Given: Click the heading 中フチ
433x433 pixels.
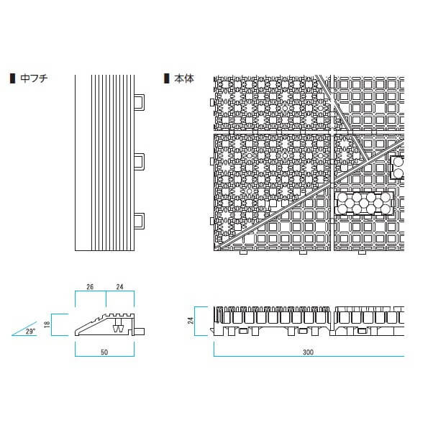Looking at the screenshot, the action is (x=34, y=78).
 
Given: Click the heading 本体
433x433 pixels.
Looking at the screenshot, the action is (x=184, y=78).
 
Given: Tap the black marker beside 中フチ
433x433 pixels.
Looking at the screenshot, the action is (x=12, y=78).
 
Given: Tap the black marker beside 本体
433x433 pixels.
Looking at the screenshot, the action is (x=166, y=78).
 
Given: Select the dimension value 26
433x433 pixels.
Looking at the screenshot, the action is (x=90, y=287).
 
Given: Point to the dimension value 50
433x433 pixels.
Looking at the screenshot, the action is (x=104, y=352).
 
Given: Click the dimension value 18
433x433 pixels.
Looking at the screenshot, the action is (x=47, y=324).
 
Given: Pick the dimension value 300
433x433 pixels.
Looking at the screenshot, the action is (x=308, y=352).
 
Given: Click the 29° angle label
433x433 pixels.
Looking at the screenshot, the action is (x=30, y=331).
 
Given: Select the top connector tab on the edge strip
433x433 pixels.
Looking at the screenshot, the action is (x=140, y=102).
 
